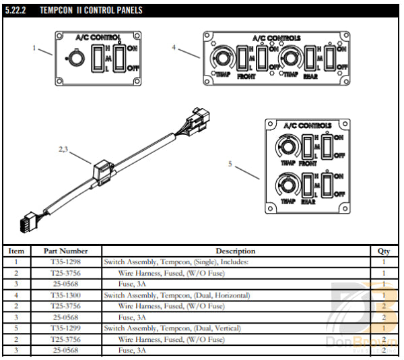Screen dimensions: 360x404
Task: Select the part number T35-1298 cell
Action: pyautogui.click(x=65, y=261)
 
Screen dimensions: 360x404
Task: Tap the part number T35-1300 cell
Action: pyautogui.click(x=65, y=295)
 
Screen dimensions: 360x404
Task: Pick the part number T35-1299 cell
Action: pyautogui.click(x=65, y=328)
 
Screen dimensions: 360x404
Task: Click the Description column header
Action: pyautogui.click(x=235, y=251)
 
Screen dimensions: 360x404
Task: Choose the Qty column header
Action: pyautogui.click(x=384, y=251)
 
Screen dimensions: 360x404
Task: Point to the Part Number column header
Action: pyautogui.click(x=65, y=251)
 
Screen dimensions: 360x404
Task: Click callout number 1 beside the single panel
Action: pyautogui.click(x=34, y=47)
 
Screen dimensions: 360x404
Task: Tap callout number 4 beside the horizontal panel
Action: pyautogui.click(x=174, y=48)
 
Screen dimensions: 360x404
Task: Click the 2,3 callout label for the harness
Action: pyautogui.click(x=64, y=149)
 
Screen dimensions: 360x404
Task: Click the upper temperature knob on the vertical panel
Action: pyautogui.click(x=287, y=146)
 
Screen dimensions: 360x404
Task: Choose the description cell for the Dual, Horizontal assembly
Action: pyautogui.click(x=177, y=295)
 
